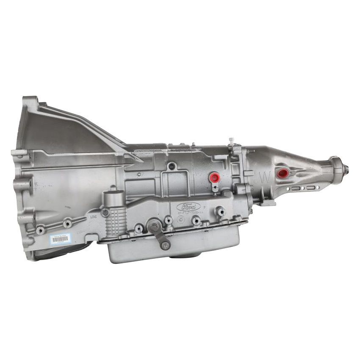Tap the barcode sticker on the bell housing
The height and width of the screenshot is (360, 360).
[60, 239]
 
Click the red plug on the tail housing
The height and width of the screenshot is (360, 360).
[281, 173]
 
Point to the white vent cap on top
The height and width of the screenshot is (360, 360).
[231, 140]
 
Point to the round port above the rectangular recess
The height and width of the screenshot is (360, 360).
[171, 166]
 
